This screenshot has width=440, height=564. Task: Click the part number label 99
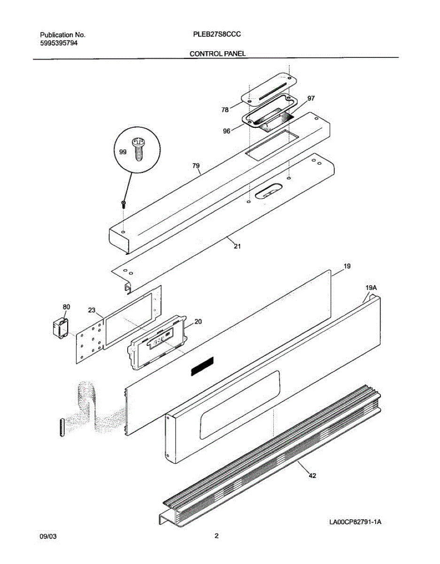[123, 152]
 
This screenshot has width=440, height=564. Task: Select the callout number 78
[225, 110]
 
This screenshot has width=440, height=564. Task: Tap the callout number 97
[311, 98]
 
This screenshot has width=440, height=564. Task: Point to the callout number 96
[227, 132]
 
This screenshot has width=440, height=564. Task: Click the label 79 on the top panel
[196, 166]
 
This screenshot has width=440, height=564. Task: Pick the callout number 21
[237, 246]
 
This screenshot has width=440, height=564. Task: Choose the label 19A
[371, 287]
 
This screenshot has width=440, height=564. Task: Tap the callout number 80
[66, 307]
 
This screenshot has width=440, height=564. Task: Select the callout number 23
[92, 310]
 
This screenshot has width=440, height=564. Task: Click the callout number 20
[198, 321]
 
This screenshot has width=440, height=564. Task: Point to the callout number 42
[312, 476]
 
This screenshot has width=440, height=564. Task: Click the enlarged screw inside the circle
[138, 148]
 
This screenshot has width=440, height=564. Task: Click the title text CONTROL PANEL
[217, 54]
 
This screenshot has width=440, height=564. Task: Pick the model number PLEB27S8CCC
[217, 34]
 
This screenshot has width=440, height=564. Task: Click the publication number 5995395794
[59, 43]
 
